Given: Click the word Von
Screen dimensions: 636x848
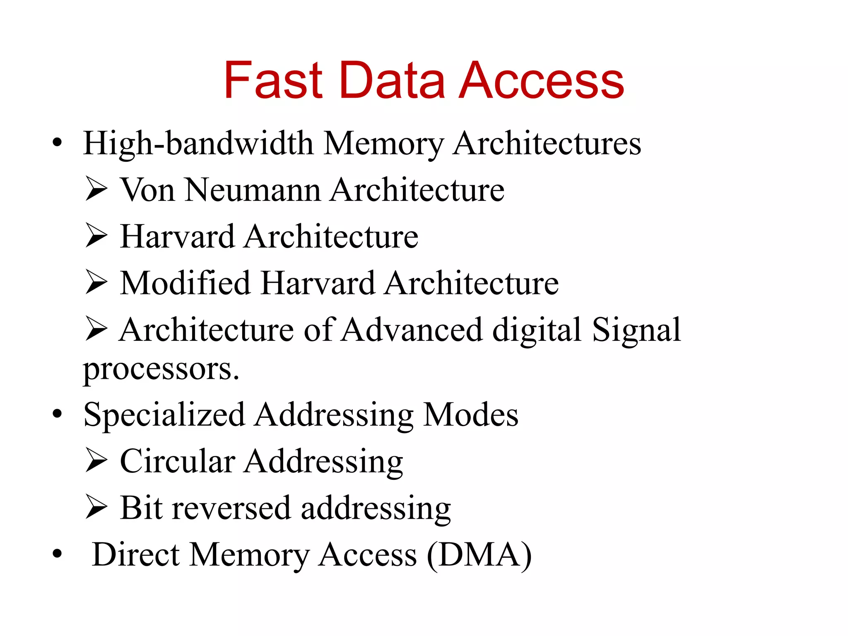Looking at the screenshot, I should coord(147,190).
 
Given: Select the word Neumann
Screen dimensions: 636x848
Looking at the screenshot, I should coord(253,190).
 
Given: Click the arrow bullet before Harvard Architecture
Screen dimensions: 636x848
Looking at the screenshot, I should coord(96,236).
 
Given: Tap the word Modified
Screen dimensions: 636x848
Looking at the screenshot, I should coord(185,283).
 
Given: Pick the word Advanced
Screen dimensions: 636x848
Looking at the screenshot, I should coord(412,330).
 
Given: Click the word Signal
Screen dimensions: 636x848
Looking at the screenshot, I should coord(636,330).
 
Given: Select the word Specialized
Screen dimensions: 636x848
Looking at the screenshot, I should coord(164,415).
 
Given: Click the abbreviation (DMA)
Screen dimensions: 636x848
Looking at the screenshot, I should coord(479,555).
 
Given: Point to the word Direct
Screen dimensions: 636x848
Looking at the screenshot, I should coord(136,554).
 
